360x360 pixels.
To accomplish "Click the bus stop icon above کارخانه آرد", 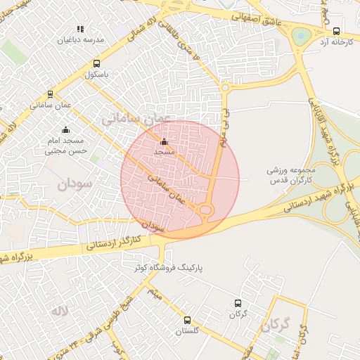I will tap(336, 31).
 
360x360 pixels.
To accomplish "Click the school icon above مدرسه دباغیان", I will tap(80, 29).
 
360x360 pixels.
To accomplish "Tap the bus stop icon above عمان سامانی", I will tap(50, 94).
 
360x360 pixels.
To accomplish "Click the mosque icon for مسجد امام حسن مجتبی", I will tap(66, 129).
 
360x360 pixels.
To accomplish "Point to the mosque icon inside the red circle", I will tap(165, 141).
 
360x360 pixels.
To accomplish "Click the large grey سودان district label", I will tap(72, 186).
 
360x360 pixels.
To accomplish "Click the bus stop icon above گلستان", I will tap(187, 320).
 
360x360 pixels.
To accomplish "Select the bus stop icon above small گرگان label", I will tap(237, 304).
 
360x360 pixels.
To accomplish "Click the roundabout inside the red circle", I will tap(205, 209).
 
